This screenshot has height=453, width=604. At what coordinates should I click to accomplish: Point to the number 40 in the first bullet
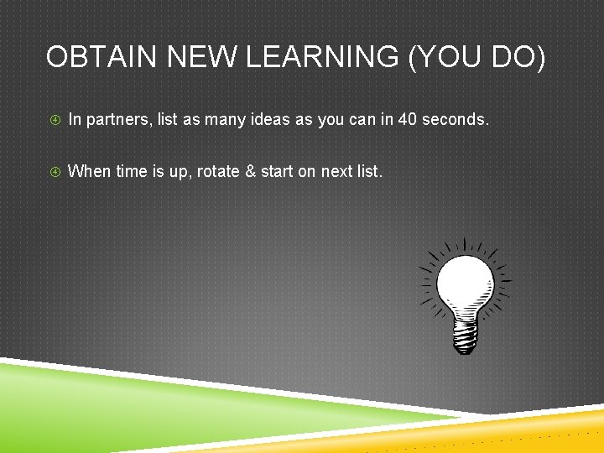point(407,120)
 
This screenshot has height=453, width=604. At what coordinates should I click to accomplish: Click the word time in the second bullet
point(131,172)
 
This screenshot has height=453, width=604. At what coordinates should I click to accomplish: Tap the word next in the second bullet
point(337,172)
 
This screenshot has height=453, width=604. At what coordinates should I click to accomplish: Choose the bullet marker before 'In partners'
point(55,121)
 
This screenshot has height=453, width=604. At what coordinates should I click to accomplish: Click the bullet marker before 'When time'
point(55,173)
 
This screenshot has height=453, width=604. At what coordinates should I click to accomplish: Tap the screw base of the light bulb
point(466,336)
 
